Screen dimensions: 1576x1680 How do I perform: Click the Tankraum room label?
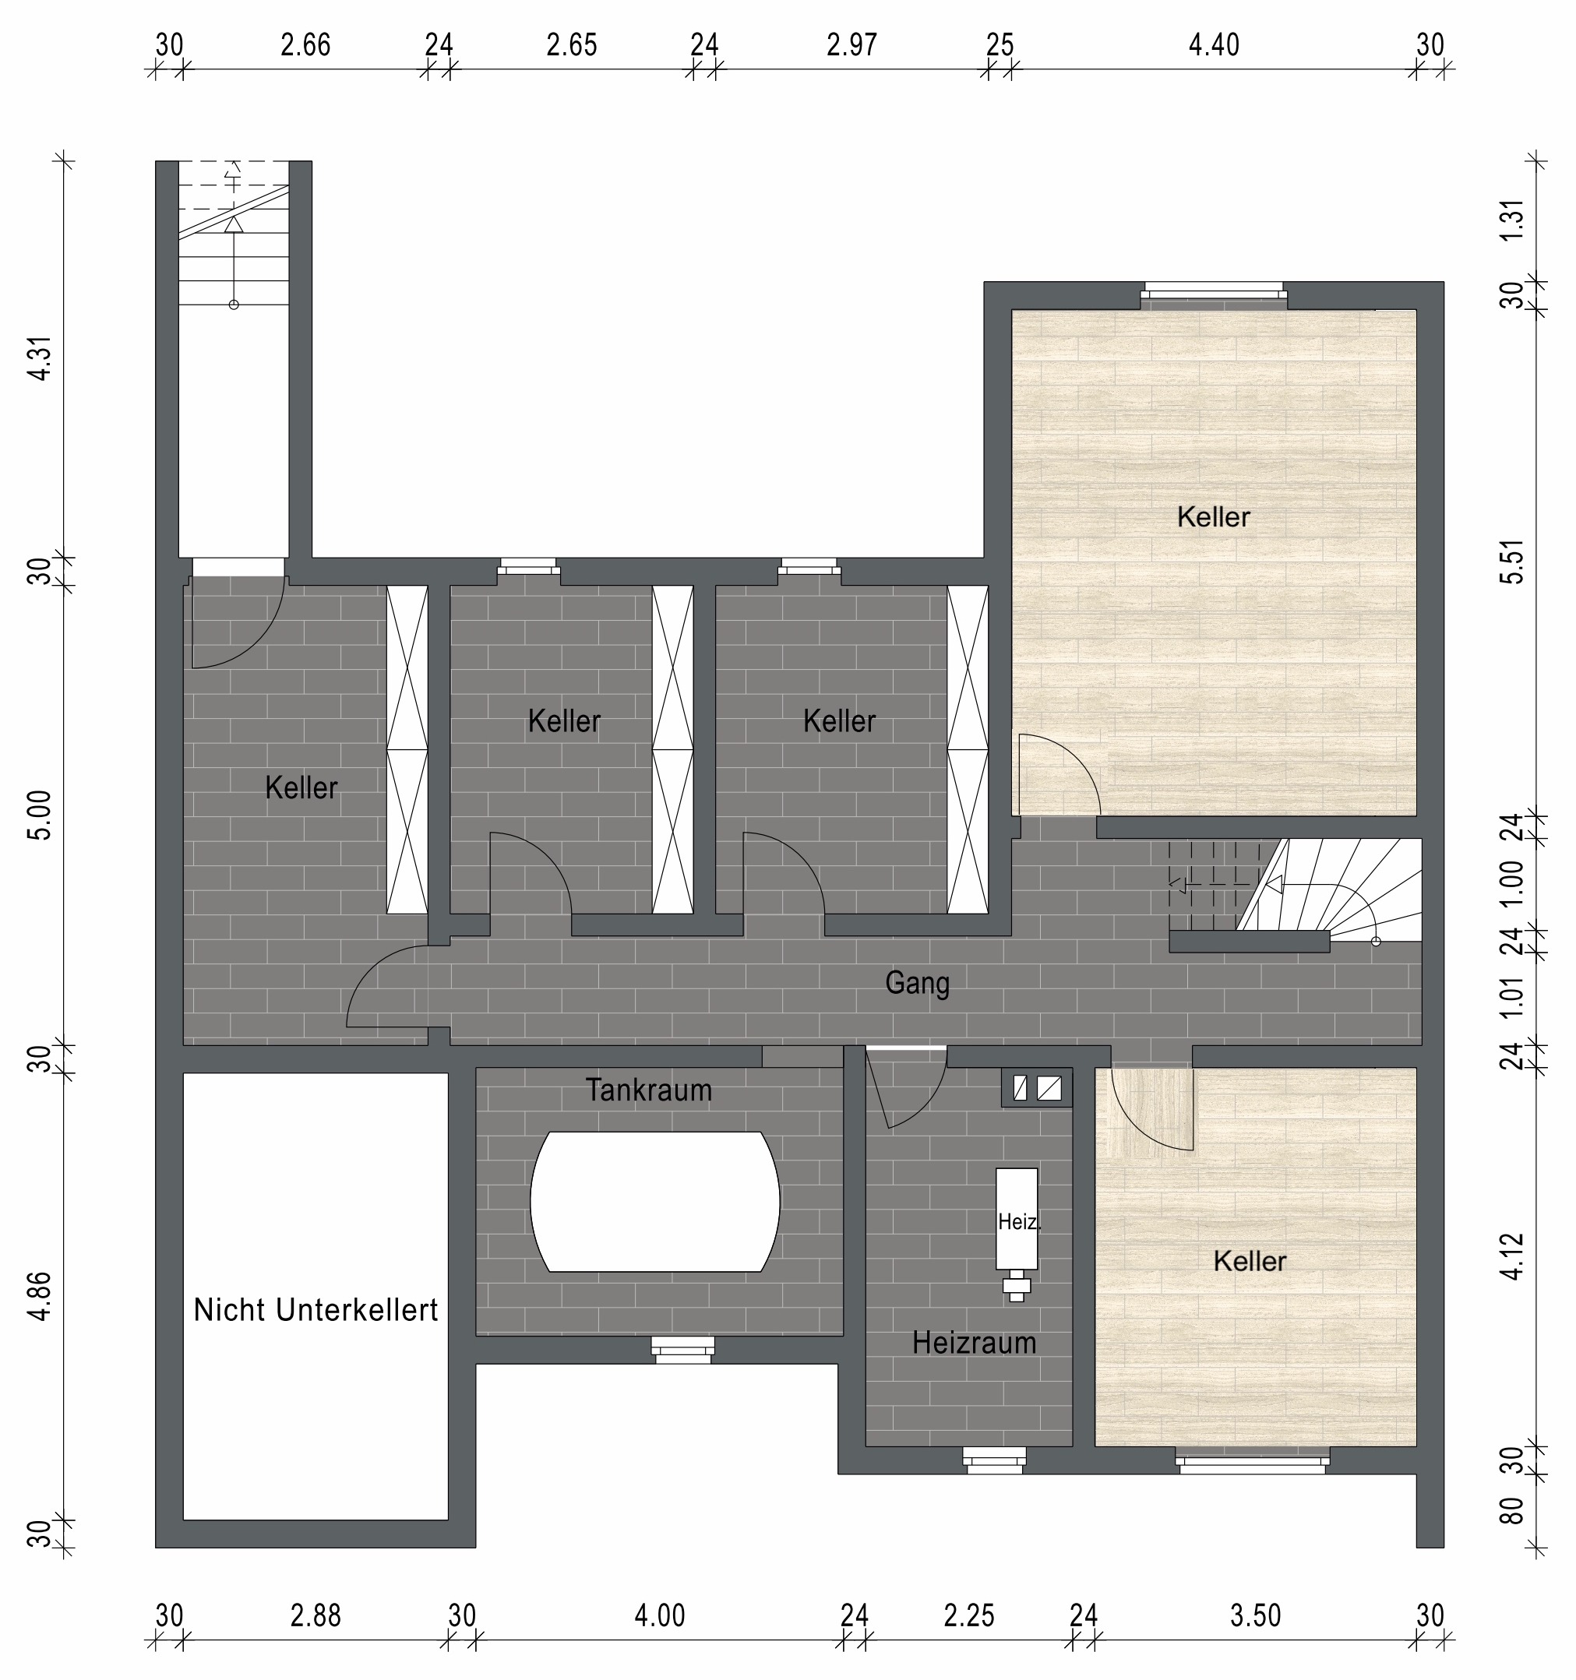click(x=648, y=1090)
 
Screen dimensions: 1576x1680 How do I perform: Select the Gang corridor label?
click(x=918, y=983)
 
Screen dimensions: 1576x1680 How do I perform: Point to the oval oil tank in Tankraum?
click(x=655, y=1202)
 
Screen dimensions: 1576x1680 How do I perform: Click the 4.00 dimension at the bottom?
click(x=660, y=1616)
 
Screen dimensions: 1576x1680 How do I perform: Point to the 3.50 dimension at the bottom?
click(x=1256, y=1616)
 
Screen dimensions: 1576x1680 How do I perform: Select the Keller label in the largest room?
click(x=1213, y=517)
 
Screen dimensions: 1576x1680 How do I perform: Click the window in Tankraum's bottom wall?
click(x=682, y=1350)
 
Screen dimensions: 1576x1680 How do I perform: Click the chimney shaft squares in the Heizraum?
click(x=1037, y=1088)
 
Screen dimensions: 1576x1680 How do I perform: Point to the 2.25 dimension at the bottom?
click(x=969, y=1616)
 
